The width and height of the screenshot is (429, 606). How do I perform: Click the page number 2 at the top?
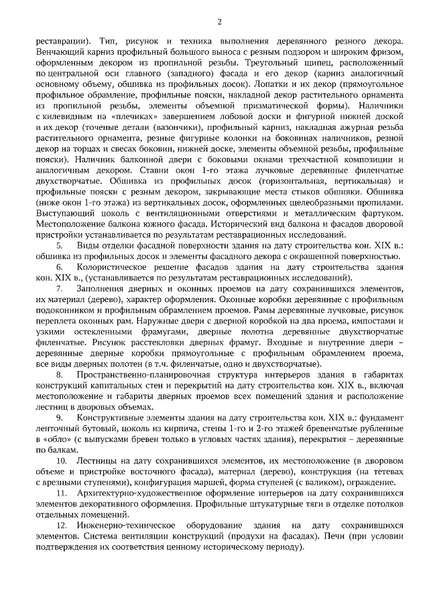pos(219,21)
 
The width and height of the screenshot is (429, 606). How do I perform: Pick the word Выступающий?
pos(64,212)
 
